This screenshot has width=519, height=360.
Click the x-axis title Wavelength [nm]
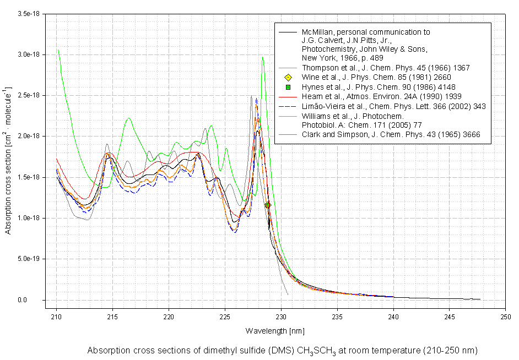275,331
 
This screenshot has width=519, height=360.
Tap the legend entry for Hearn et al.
381,96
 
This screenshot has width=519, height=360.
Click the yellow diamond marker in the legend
287,77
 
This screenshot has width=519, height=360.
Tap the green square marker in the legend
287,87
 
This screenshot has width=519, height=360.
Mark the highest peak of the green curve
263,57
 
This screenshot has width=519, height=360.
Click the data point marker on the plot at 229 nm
268,205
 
